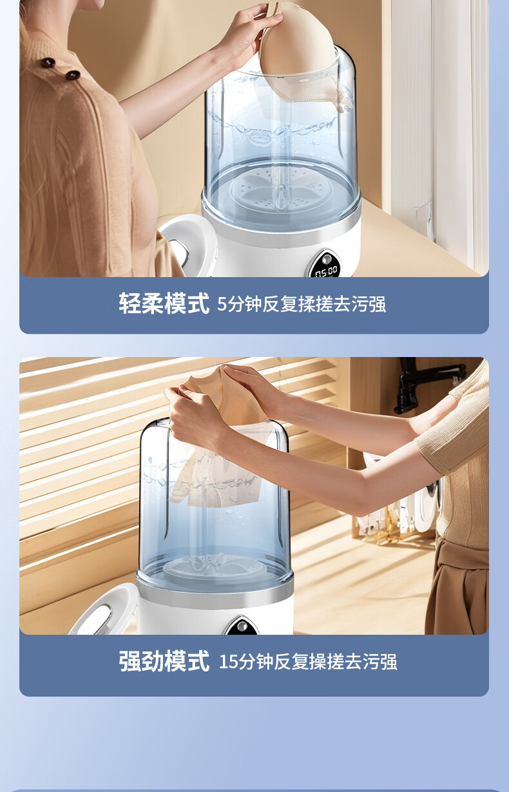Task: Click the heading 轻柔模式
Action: pyautogui.click(x=164, y=304)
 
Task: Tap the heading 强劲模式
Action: pyautogui.click(x=164, y=661)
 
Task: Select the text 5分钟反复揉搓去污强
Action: pyautogui.click(x=301, y=304)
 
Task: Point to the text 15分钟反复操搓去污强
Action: pyautogui.click(x=308, y=662)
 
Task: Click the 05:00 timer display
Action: pyautogui.click(x=326, y=272)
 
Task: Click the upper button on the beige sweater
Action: pyautogui.click(x=48, y=63)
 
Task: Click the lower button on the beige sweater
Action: pyautogui.click(x=72, y=75)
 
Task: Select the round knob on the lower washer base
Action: pyautogui.click(x=242, y=626)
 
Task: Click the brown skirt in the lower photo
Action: pyautogui.click(x=457, y=587)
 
